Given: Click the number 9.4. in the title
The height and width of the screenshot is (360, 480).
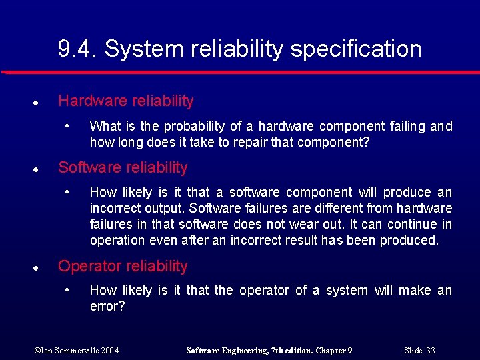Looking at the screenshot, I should [77, 49].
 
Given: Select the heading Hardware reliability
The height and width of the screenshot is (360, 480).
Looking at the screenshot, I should [125, 101].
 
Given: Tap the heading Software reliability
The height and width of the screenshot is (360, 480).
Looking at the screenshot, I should [123, 167].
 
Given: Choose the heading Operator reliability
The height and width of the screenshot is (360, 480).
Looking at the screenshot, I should [123, 266].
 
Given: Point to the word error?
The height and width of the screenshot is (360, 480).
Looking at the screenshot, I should [107, 306].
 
